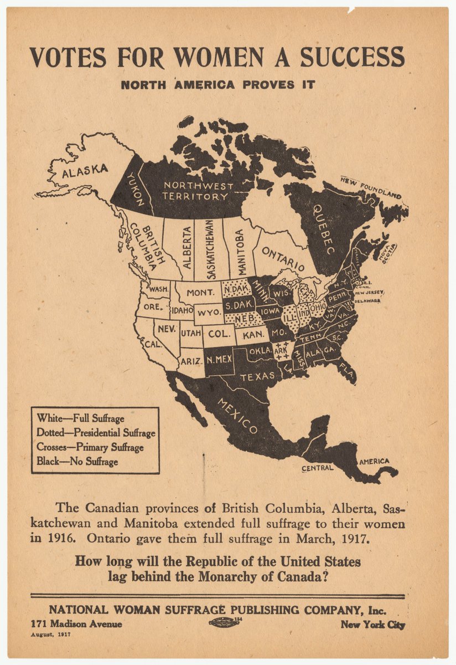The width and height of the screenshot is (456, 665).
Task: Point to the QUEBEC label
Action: point(324,229)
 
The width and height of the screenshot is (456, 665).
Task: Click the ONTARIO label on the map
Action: point(283,259)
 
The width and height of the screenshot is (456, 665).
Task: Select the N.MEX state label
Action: point(219,360)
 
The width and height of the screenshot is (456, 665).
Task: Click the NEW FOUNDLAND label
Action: point(370,187)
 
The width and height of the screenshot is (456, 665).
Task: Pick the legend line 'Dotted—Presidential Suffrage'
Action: point(96,433)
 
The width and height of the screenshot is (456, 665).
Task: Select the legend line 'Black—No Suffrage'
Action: point(77,461)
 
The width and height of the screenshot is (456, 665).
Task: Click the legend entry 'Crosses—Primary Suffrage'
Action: point(90,447)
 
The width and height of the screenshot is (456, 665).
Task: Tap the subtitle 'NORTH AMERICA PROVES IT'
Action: point(217,85)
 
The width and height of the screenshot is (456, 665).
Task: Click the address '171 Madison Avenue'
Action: point(77,625)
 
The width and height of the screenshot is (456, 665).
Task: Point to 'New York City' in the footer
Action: point(372,625)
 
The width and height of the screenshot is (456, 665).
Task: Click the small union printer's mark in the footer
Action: point(225,622)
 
